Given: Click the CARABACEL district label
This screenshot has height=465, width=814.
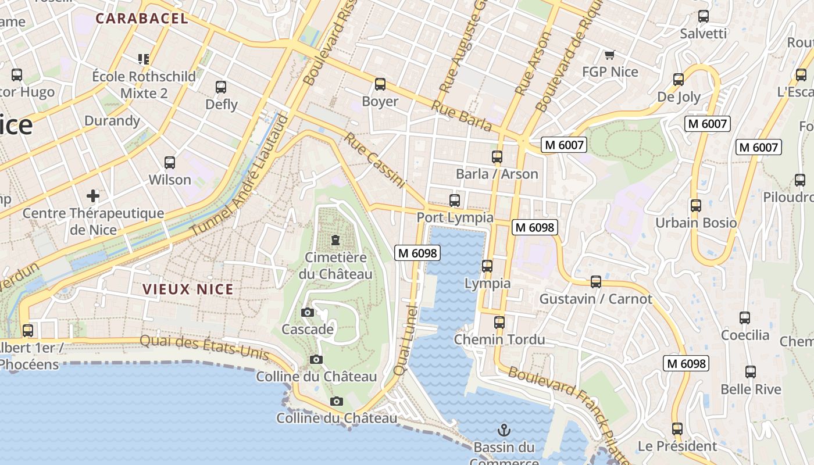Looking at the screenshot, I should (142, 19).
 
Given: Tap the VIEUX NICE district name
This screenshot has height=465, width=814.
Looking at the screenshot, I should (188, 289).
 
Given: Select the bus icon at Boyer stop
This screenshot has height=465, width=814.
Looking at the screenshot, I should (380, 84).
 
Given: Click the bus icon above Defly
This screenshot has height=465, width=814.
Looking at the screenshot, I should (221, 87).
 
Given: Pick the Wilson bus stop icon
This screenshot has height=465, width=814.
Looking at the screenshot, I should (170, 163).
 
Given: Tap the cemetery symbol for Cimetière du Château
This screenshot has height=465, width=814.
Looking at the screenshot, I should (335, 239).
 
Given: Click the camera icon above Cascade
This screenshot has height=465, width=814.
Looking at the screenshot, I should (308, 313).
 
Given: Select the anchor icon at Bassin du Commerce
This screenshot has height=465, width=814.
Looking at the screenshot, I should (504, 430).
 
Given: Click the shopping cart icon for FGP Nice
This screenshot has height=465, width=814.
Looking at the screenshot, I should (609, 55).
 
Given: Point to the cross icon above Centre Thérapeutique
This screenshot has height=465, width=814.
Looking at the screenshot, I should (93, 195).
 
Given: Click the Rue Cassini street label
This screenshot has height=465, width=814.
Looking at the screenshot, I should (374, 160).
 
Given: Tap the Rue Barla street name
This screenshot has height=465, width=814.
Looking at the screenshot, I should (461, 115).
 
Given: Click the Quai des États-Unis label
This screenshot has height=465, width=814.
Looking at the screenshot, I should (205, 347).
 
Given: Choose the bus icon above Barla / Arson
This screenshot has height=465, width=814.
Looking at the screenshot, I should (497, 157).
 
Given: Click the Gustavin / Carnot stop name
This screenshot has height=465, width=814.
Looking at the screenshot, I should (596, 299).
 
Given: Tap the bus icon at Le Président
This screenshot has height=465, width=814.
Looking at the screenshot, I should (677, 429).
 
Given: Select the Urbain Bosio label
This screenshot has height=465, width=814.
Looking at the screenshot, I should (696, 223).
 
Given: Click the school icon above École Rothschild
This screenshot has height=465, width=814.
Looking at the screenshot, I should (144, 59).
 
